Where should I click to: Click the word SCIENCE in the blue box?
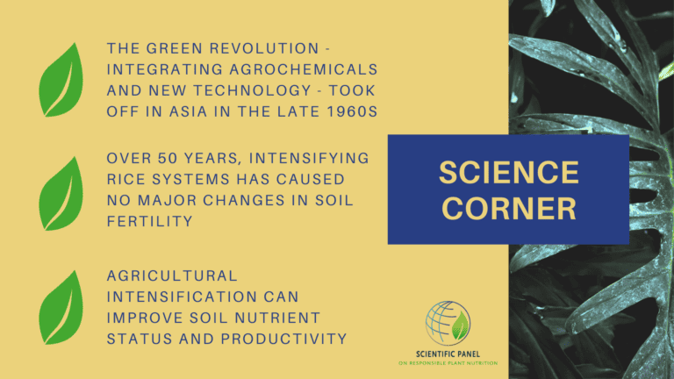coord(508,172)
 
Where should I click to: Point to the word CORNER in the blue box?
coord(508,208)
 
